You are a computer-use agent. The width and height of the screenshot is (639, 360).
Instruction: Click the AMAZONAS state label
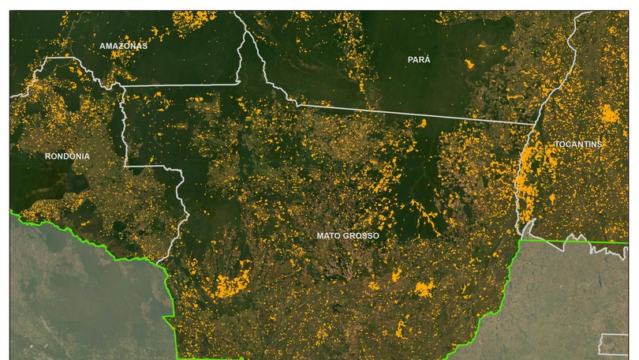(123, 46)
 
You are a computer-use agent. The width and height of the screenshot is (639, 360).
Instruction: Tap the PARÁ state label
(419, 60)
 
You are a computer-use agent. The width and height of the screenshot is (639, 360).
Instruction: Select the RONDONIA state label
(67, 156)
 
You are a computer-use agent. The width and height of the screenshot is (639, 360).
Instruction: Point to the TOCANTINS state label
(578, 144)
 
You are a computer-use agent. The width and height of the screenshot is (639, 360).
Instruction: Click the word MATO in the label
(328, 236)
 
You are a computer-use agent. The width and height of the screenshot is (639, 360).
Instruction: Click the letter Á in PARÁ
(428, 60)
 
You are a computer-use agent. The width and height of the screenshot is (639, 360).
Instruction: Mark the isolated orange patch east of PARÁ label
(470, 63)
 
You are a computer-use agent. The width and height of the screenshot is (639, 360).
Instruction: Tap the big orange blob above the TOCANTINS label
(610, 114)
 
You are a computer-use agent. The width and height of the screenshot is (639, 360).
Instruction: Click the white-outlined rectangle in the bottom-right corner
(614, 344)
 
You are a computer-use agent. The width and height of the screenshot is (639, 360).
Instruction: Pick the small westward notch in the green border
(166, 317)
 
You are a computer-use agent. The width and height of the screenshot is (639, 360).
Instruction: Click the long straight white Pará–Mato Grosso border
(410, 113)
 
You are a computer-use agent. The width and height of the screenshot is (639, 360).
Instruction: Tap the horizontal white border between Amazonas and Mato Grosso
(181, 84)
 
